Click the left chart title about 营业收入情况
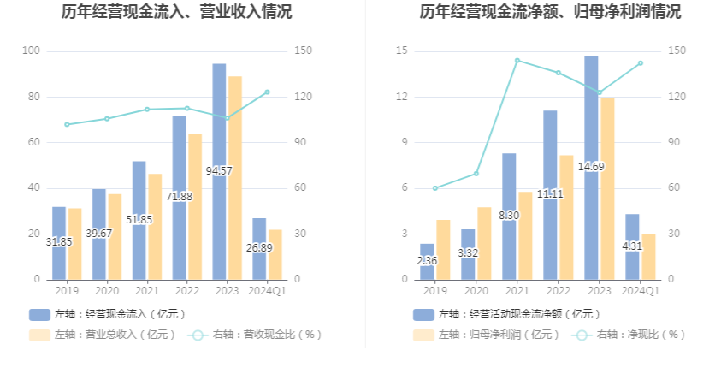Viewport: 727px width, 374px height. (x=177, y=11)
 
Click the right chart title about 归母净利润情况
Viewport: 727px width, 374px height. (x=550, y=11)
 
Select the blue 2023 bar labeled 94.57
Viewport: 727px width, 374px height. (x=219, y=172)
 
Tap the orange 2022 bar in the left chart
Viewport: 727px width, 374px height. (x=195, y=207)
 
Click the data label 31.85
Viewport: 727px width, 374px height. (x=59, y=241)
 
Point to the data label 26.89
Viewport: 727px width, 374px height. (x=259, y=248)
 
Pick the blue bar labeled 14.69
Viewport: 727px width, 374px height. (x=591, y=168)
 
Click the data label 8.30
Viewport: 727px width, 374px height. (x=509, y=216)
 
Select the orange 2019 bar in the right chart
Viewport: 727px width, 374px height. (x=444, y=250)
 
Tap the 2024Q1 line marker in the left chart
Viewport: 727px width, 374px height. (x=267, y=92)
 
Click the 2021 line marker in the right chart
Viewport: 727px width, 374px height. (x=517, y=60)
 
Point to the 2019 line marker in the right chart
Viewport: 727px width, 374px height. (x=435, y=188)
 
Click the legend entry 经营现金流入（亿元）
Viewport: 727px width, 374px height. (x=107, y=315)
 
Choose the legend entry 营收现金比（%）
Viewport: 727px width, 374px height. (x=255, y=335)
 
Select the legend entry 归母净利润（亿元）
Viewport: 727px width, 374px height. (x=487, y=335)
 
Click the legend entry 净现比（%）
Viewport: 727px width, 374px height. (x=629, y=335)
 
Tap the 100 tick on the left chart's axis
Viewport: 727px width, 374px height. (x=31, y=50)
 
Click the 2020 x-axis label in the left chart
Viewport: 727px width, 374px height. (x=107, y=291)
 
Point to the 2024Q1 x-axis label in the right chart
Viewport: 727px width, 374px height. (x=641, y=291)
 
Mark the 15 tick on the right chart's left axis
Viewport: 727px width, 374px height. (x=401, y=50)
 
